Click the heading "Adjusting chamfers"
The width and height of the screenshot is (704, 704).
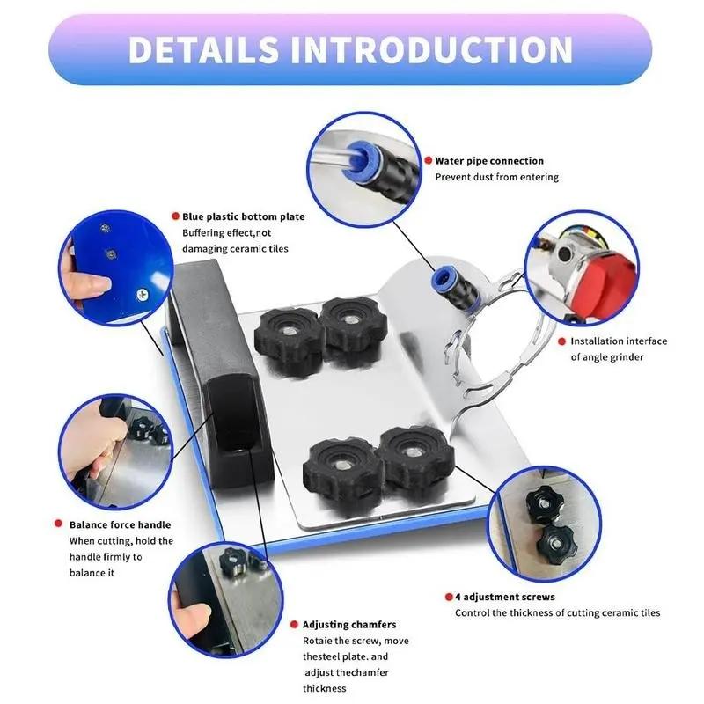pyautogui.click(x=349, y=624)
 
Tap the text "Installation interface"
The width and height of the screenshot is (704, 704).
pyautogui.click(x=619, y=341)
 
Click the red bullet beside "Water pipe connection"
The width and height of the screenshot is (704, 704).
pyautogui.click(x=427, y=161)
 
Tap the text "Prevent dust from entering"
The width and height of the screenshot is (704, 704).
pyautogui.click(x=497, y=177)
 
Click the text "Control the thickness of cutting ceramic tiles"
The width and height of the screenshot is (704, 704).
pyautogui.click(x=557, y=612)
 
